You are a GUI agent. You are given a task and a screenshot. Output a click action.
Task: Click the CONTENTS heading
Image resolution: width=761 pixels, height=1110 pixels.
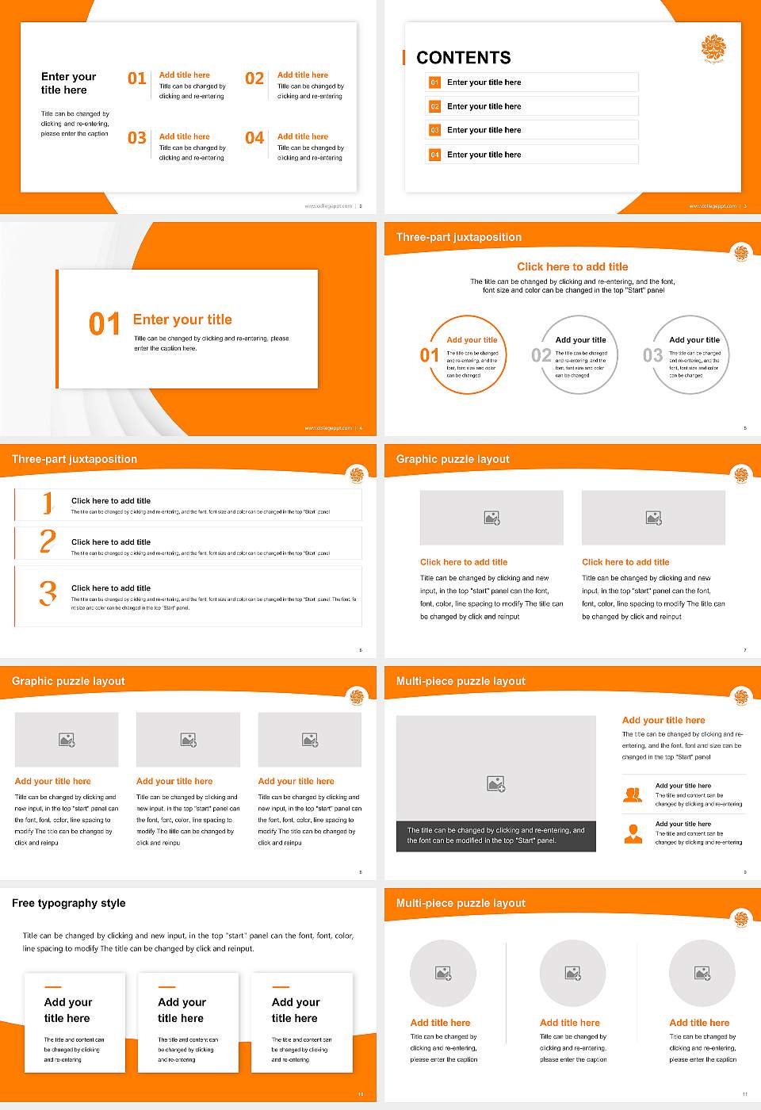464,58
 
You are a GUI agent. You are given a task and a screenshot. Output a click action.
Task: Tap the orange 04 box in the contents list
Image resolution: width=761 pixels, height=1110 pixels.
434,155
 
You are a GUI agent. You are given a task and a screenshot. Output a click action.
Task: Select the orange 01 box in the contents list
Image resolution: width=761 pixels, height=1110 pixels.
434,82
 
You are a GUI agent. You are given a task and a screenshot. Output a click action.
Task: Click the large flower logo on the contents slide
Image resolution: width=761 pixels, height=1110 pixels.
713,48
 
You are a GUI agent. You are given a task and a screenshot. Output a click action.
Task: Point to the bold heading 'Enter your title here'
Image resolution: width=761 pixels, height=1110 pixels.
68,83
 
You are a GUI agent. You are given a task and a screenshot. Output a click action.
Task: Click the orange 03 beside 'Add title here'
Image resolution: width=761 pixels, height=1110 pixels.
137,139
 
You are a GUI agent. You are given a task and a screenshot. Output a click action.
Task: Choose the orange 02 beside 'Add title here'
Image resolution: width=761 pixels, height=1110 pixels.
254,78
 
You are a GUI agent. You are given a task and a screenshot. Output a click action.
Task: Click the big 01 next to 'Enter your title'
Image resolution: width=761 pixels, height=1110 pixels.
105,323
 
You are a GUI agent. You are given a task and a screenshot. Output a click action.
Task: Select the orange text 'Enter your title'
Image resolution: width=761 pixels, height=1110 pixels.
182,320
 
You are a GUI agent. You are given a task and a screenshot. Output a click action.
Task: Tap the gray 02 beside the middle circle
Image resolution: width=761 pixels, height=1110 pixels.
541,355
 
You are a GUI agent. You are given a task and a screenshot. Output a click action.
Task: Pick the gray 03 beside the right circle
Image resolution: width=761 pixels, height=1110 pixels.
652,355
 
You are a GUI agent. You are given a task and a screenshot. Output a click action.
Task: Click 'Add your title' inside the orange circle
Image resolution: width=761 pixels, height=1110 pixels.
472,340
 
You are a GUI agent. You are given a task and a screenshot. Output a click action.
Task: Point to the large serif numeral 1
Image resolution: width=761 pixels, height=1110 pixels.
48,503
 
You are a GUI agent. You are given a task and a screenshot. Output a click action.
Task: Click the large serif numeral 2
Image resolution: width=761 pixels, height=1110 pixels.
48,542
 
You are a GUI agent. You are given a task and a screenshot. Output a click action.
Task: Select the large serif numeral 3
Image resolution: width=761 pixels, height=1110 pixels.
48,593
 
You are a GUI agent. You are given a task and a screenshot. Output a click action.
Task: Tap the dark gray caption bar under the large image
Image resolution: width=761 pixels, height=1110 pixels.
495,836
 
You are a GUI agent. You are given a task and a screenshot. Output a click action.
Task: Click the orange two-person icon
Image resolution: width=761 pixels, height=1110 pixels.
633,794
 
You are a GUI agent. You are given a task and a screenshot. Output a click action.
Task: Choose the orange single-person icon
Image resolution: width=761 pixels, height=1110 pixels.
633,833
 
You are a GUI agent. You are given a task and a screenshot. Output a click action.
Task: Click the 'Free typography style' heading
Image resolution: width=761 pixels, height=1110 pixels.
69,903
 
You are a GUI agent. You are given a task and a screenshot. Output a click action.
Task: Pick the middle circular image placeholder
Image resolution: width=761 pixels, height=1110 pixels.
572,973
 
